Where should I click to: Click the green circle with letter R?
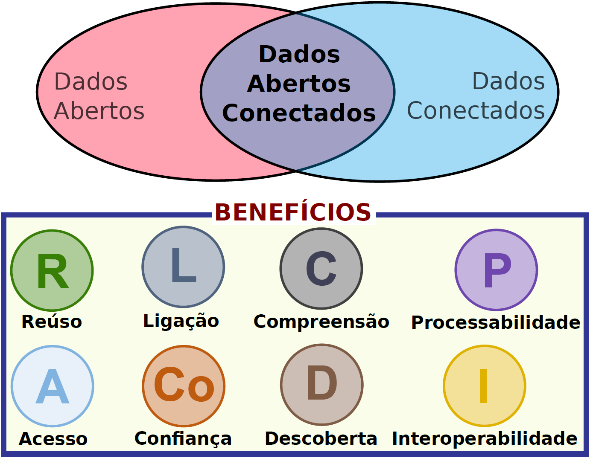pos(52,270)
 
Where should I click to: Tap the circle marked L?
pos(183,267)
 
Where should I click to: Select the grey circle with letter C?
pos(321,269)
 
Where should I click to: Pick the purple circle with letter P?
pos(496,270)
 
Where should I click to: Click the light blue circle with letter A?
pos(52,386)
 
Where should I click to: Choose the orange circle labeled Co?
pos(184,386)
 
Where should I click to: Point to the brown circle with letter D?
pos(322,385)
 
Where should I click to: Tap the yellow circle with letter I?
pos(485,386)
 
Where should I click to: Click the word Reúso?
pos(52,322)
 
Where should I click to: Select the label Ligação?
pos(181,321)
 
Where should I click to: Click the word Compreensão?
pos(321,322)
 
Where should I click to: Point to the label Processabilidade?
pos(496,322)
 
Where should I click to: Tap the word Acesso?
pos(53,439)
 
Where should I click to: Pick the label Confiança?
pos(183,439)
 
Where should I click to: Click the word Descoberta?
pos(321,438)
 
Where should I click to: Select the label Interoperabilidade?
pos(485,438)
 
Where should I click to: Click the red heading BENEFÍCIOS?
pos(293,212)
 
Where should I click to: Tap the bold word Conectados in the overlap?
pos(299,113)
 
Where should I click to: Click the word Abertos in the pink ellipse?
pos(99,111)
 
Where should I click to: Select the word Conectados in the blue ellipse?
pos(476,110)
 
